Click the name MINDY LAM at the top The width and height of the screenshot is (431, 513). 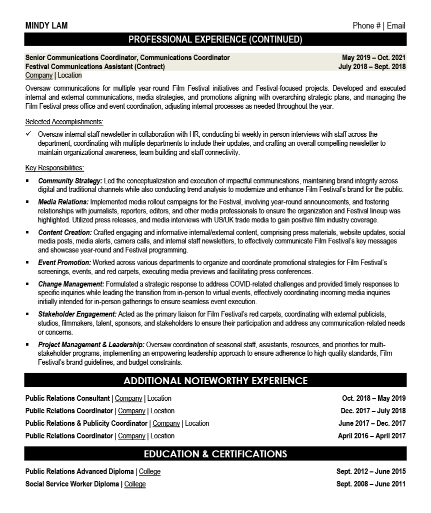46,26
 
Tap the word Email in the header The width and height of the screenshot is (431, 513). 395,26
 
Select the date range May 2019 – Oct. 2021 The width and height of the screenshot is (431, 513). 373,58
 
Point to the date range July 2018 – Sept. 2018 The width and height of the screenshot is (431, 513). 372,66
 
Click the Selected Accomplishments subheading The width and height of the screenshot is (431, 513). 64,121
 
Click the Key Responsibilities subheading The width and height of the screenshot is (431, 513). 54,168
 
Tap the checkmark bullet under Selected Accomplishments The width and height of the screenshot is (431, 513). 28,134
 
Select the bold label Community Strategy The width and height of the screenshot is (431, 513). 70,180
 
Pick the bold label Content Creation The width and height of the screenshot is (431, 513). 65,232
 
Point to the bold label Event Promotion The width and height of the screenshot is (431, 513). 64,263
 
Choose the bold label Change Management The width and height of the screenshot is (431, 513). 71,284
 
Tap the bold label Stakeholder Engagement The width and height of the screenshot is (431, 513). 77,314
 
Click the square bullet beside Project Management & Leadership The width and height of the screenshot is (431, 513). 28,345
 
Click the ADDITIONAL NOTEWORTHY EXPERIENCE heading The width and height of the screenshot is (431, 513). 215,381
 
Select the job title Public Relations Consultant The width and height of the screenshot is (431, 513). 67,398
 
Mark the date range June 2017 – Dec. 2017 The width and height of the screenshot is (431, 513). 372,423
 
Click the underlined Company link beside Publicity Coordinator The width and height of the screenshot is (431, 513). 166,423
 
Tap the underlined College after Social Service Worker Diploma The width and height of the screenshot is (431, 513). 135,484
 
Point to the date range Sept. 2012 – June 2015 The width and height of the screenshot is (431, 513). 371,471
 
